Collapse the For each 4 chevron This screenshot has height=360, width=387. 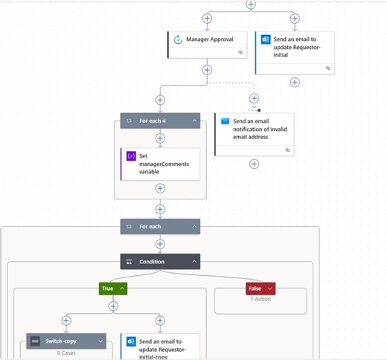coord(194,120)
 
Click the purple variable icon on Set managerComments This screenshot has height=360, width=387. coord(131,156)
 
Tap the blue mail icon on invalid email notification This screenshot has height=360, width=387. coord(225,120)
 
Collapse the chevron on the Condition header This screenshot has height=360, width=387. coord(194,261)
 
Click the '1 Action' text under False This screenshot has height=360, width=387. coord(260,300)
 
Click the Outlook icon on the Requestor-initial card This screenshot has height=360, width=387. coord(266,39)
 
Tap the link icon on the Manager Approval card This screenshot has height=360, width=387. coord(240,53)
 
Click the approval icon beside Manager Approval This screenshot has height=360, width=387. coord(178,39)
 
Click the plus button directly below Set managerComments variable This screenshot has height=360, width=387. coord(160,188)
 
